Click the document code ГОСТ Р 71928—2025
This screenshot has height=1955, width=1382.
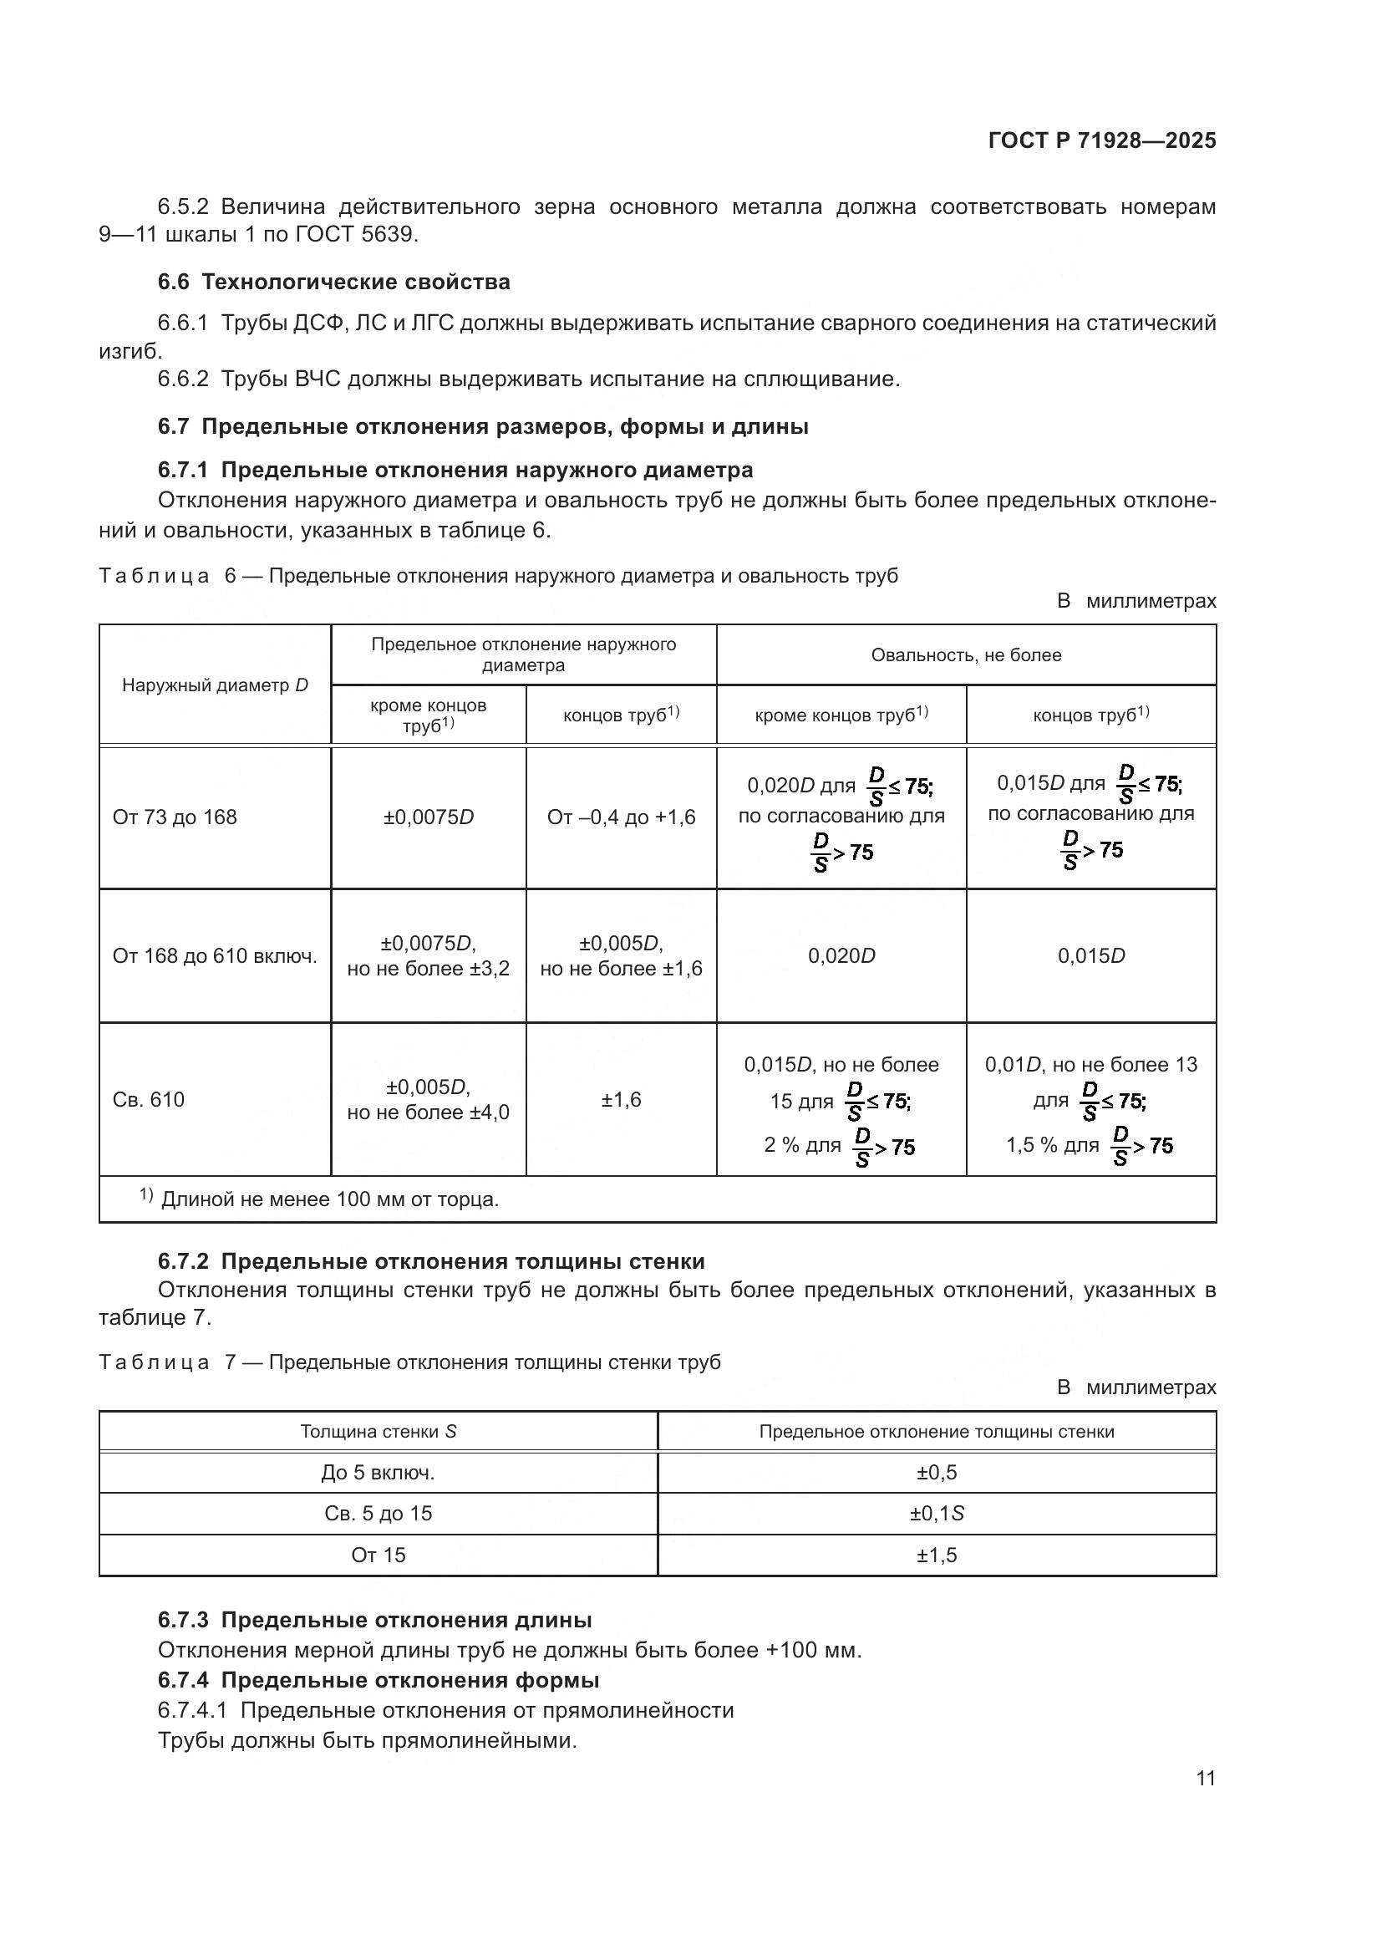[1101, 140]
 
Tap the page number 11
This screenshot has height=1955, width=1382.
[1205, 1778]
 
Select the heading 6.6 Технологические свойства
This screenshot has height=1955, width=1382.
[333, 282]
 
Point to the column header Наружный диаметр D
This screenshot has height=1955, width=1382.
[215, 685]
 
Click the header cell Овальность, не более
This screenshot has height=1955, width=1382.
[966, 654]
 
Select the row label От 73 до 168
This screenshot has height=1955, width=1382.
[175, 817]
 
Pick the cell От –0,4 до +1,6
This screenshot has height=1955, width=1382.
[620, 817]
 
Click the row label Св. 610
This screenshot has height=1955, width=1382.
[148, 1099]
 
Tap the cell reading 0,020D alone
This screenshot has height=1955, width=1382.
[841, 955]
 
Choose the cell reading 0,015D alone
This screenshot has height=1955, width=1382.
[1091, 955]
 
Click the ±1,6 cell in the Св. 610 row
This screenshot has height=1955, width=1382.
[620, 1099]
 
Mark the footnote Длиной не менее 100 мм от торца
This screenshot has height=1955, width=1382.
[329, 1199]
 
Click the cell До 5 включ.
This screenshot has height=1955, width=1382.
[378, 1472]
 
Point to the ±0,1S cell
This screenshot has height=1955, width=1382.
[936, 1513]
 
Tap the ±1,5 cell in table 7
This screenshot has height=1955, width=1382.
[936, 1555]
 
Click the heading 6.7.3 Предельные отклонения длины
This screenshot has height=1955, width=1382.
[374, 1620]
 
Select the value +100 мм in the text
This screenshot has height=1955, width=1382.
[813, 1650]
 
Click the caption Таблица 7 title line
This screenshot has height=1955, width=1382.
[409, 1362]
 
